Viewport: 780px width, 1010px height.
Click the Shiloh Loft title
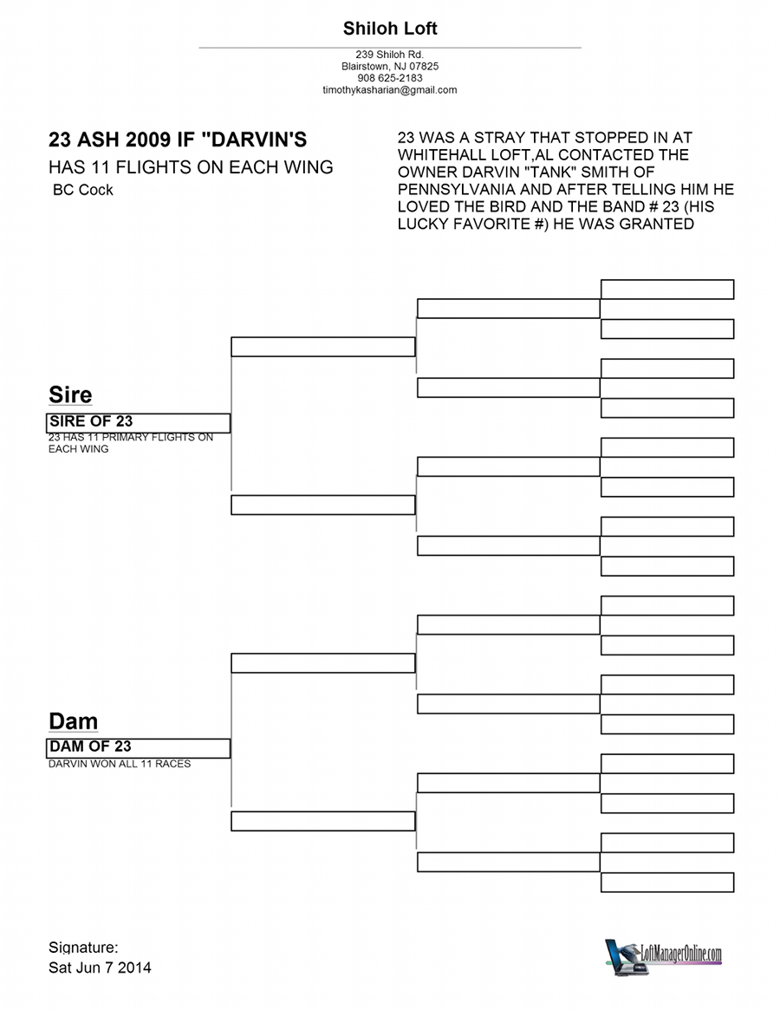pos(390,29)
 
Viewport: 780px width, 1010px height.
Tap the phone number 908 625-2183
pos(390,78)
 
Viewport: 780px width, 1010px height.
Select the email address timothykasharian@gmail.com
pos(390,90)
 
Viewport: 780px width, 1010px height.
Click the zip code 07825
pos(424,67)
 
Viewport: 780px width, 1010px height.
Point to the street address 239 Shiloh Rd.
pos(390,55)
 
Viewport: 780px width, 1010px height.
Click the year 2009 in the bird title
pos(148,139)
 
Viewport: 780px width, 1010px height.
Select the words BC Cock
pos(83,190)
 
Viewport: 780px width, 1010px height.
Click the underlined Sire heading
pos(70,394)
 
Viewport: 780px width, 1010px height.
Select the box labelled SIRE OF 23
pos(139,422)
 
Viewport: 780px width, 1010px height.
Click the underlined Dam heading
pos(74,720)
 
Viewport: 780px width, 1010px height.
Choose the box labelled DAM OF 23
pos(139,748)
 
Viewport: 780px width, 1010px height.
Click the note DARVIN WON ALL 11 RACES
pos(120,764)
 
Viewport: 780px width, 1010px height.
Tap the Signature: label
pos(83,948)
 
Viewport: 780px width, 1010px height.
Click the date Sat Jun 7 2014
pos(100,968)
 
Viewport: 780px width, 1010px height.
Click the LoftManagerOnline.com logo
pos(663,956)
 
